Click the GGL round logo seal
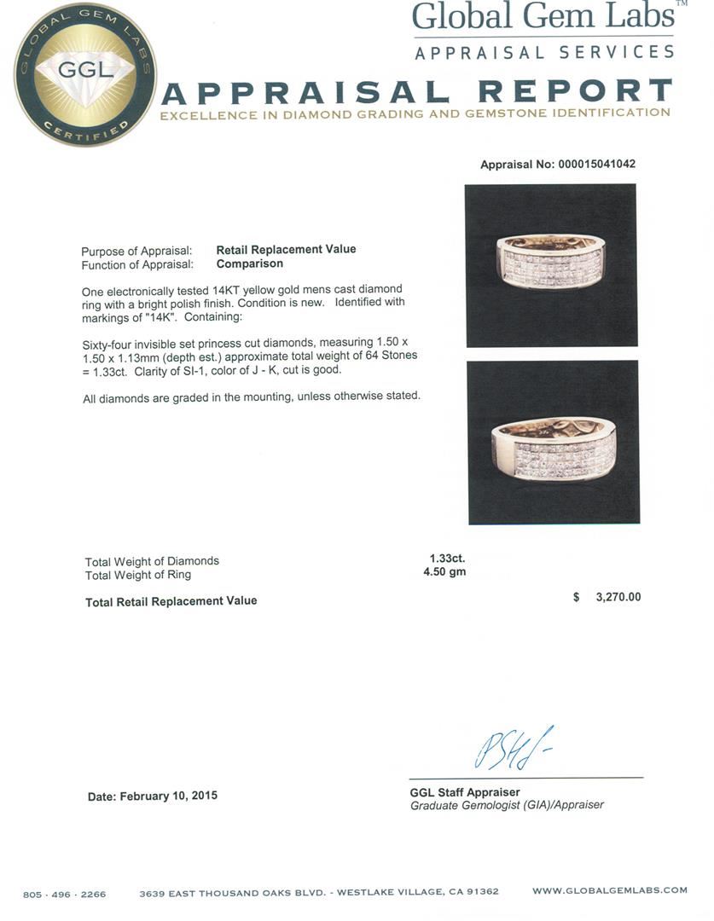coord(84,74)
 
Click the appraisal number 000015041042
coord(596,165)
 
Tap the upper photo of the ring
coord(551,265)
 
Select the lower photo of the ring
coord(553,442)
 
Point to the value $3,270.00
coord(607,598)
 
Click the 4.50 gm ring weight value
coord(444,572)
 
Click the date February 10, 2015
coord(153,796)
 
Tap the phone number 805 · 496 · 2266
coord(65,895)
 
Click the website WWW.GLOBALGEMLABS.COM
coord(609,890)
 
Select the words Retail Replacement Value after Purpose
coord(286,249)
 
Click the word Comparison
coord(249,264)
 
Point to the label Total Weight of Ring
coord(138,575)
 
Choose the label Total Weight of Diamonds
coord(152,561)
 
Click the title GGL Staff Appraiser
coord(465,792)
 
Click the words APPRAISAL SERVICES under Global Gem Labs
coord(543,52)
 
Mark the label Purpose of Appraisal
coord(136,251)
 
